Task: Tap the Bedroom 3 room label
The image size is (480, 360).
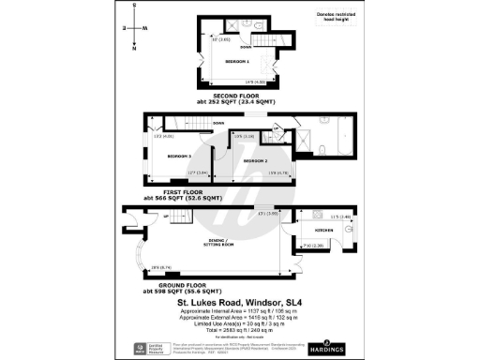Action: (x=179, y=156)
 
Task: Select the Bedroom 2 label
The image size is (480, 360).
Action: (x=254, y=161)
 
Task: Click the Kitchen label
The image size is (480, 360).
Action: (x=325, y=229)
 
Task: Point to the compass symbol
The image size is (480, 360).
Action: (x=134, y=28)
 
